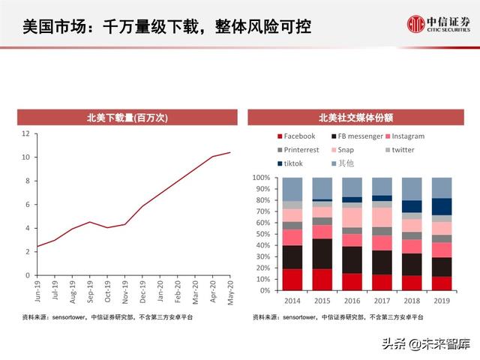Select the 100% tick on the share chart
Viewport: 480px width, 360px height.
pyautogui.click(x=261, y=178)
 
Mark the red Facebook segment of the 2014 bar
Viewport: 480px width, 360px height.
pyautogui.click(x=293, y=280)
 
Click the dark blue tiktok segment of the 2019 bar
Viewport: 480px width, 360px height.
pyautogui.click(x=442, y=206)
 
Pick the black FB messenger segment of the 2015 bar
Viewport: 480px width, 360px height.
pyautogui.click(x=322, y=253)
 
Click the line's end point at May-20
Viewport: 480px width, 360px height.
pyautogui.click(x=229, y=152)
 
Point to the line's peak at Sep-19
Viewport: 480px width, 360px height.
pyautogui.click(x=90, y=222)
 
